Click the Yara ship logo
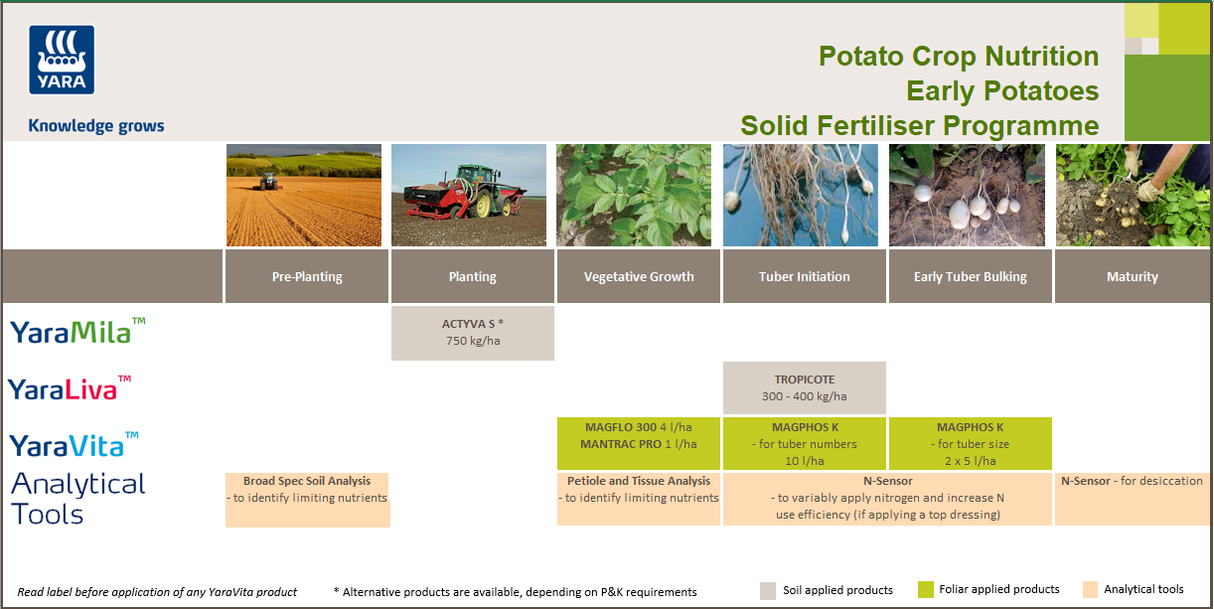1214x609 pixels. (62, 60)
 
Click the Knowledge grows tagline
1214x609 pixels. (96, 126)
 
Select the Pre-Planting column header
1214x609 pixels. (307, 277)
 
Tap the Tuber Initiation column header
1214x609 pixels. (804, 277)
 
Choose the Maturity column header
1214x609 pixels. (1132, 277)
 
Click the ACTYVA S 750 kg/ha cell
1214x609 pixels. (473, 333)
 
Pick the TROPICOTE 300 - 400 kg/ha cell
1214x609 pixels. (804, 387)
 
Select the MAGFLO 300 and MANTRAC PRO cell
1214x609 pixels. (639, 436)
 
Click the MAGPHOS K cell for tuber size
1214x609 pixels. (969, 443)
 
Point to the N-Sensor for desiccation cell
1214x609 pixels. (1132, 482)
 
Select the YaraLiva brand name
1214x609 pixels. (70, 388)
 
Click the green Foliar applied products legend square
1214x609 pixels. (926, 589)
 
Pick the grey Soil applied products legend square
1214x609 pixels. (767, 590)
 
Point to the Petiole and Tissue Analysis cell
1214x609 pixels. (639, 490)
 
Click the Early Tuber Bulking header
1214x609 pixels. (970, 277)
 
